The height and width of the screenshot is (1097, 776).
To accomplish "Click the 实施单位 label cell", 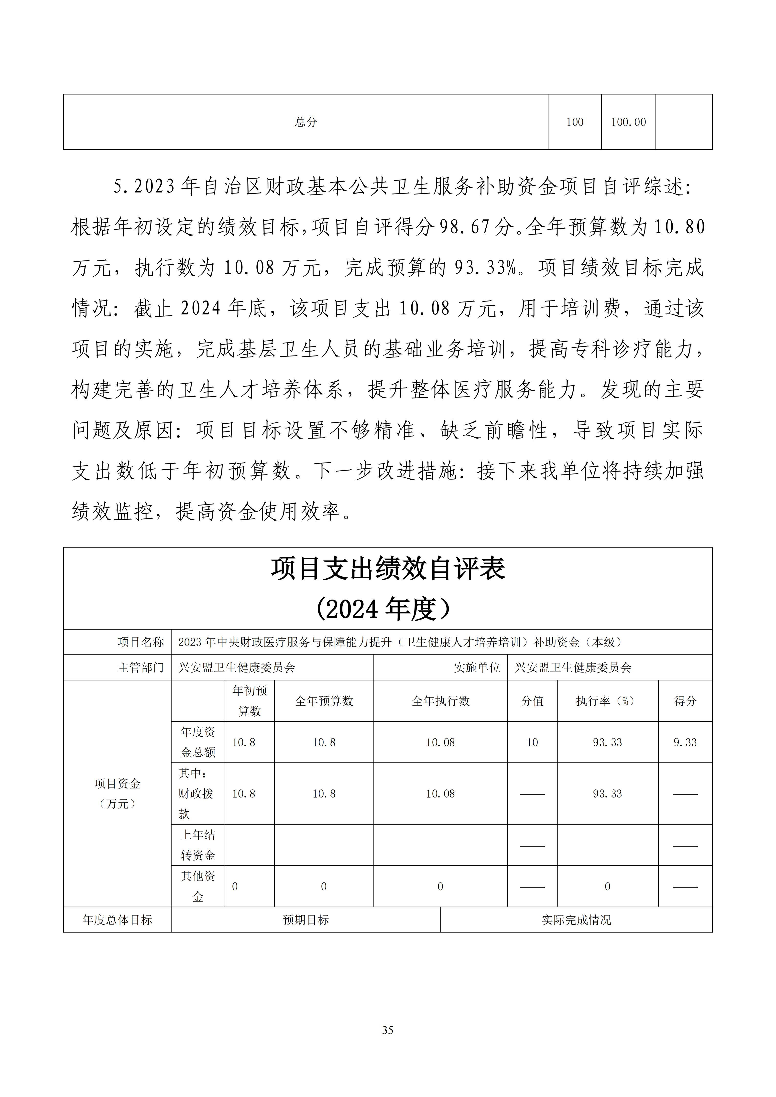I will coord(476,667).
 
